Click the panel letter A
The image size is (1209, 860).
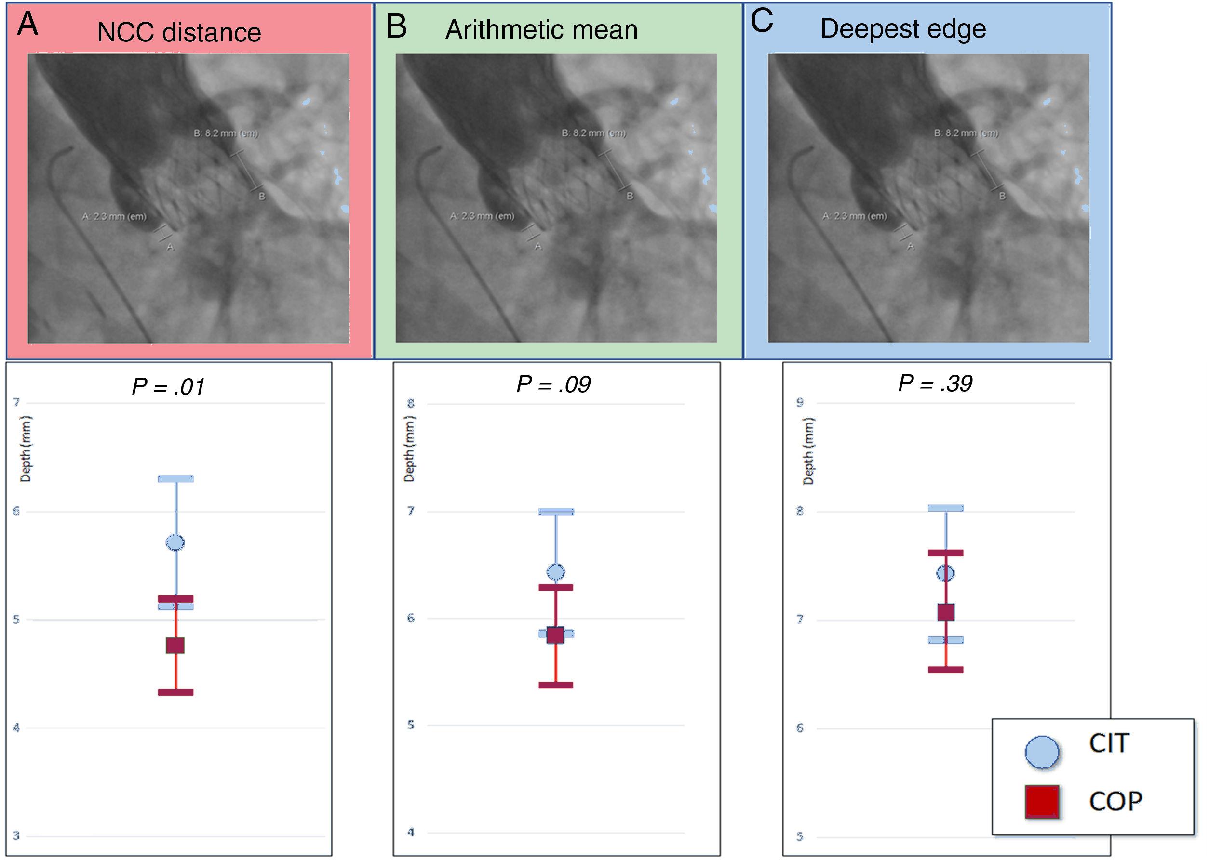[x=27, y=25]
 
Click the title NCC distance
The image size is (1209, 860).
[x=178, y=33]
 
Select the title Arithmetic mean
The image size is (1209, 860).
[x=541, y=30]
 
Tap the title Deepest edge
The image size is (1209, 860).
[x=902, y=28]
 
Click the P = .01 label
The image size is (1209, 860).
[x=168, y=387]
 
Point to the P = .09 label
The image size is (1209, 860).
[x=553, y=385]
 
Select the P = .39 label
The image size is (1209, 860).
[x=935, y=384]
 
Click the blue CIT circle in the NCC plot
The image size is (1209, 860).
[x=175, y=543]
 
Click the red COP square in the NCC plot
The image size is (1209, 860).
[x=175, y=646]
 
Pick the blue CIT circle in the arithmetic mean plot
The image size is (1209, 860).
[x=556, y=572]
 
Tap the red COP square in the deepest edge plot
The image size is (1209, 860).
[x=946, y=612]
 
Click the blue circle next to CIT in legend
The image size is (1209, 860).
[x=1042, y=752]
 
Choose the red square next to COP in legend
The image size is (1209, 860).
[x=1042, y=802]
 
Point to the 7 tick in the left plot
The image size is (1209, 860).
[x=16, y=403]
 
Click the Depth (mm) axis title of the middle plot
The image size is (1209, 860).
[x=409, y=449]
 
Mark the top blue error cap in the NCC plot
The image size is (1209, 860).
[x=175, y=479]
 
